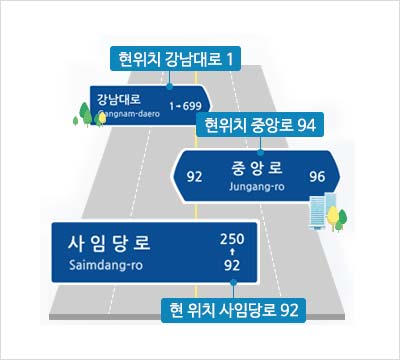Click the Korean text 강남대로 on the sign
119,99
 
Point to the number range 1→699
185,105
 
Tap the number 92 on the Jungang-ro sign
195,178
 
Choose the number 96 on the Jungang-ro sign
317,178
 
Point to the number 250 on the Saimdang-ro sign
231,239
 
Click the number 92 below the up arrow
231,266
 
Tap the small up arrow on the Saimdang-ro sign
231,253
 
